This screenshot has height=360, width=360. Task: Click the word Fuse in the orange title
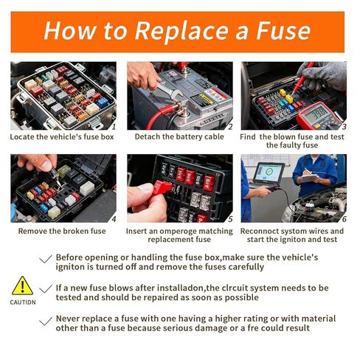283,31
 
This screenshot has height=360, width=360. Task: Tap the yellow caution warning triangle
22,285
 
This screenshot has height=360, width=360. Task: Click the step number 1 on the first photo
114,127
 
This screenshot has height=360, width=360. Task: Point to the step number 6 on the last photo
344,219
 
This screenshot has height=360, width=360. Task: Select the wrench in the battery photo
170,91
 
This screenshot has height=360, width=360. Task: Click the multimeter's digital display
317,114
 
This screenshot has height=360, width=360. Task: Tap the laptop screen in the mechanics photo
269,173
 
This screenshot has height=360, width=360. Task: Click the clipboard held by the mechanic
311,178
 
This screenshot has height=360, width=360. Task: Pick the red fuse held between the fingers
162,187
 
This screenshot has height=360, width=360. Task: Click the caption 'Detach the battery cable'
179,136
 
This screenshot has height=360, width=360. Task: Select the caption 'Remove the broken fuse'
62,231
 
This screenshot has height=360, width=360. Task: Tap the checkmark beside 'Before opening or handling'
46,259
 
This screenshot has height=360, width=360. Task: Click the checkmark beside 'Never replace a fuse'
46,321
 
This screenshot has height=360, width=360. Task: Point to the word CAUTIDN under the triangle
23,302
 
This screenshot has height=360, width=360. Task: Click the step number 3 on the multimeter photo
344,127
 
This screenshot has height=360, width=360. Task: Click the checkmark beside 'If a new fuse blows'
46,288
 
